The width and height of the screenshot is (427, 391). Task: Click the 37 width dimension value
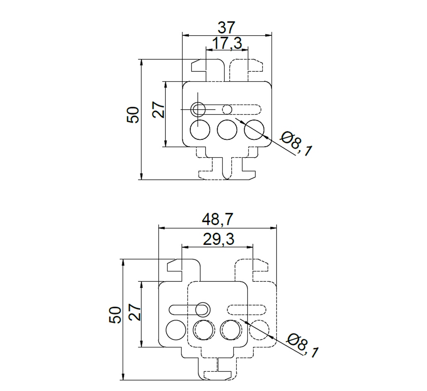tap(226, 28)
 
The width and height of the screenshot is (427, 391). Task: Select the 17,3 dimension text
tap(227, 43)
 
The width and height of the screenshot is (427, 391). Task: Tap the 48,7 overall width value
tap(218, 220)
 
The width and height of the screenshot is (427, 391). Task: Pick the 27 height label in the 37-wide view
tap(159, 110)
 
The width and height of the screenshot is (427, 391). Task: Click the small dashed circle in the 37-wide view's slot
tap(227, 109)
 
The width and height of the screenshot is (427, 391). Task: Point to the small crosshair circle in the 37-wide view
tap(198, 109)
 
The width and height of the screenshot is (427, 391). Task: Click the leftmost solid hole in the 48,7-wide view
tap(176, 330)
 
